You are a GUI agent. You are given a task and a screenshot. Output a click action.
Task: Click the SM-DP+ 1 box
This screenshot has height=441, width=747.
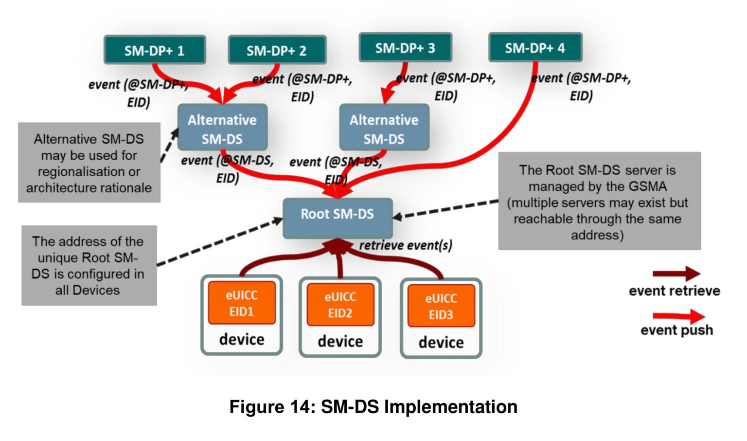[155, 50]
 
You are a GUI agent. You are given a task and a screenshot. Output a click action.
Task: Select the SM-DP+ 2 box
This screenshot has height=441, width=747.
[277, 50]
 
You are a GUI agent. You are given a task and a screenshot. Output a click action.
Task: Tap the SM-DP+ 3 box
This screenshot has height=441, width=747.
[405, 48]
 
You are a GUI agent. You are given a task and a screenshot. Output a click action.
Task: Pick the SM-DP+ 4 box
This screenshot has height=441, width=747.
[535, 48]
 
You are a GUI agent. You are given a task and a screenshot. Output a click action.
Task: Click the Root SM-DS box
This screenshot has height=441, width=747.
[338, 214]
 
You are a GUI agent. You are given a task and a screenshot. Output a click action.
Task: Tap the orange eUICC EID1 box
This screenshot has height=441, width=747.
[242, 303]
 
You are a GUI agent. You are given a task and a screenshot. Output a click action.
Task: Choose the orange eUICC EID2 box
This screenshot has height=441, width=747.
[340, 305]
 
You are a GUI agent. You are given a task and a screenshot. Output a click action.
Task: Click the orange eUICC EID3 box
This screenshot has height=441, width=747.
[441, 306]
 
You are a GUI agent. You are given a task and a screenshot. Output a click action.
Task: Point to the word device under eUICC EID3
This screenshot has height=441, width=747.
[441, 342]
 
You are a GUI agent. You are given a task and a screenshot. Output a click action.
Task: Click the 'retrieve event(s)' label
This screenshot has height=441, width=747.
[406, 245]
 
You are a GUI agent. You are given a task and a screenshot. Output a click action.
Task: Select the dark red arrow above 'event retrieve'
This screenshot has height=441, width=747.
[676, 274]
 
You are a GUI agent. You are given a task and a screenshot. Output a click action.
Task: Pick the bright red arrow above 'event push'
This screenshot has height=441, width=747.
[678, 316]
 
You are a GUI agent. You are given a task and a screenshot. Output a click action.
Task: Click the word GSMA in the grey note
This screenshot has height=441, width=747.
[647, 186]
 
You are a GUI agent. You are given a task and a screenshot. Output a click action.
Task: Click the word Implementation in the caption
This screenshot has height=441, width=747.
[451, 406]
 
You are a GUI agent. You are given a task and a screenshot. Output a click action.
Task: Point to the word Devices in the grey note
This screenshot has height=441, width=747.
[96, 290]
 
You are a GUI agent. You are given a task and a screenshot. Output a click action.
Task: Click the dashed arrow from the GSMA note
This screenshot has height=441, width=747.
[445, 209]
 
